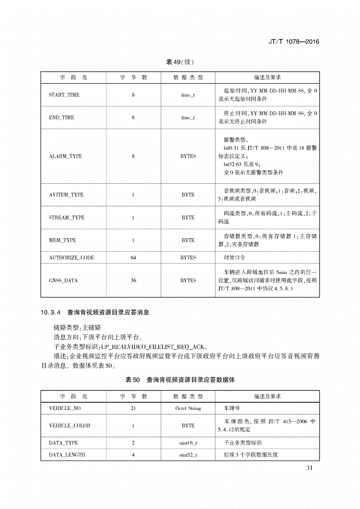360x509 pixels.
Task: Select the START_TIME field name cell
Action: tap(64, 95)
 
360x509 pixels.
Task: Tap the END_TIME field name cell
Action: tap(61, 117)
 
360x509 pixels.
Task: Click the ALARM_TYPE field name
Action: tap(65, 156)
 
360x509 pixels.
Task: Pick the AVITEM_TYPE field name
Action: tap(66, 195)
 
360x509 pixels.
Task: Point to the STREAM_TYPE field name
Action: tap(66, 217)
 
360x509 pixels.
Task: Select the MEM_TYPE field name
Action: tap(62, 240)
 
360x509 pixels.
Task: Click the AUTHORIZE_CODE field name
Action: tap(71, 257)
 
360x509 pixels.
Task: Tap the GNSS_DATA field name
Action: tap(63, 280)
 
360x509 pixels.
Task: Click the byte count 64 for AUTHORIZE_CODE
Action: tap(133, 257)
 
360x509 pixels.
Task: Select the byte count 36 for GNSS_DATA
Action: tap(133, 280)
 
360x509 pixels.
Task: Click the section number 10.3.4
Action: tap(51, 313)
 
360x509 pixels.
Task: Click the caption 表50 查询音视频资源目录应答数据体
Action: tap(180, 379)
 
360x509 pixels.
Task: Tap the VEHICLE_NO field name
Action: tap(65, 408)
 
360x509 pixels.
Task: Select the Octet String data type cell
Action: tap(188, 408)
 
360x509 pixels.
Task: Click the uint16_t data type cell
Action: tap(188, 443)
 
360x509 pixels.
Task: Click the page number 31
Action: tap(310, 468)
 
